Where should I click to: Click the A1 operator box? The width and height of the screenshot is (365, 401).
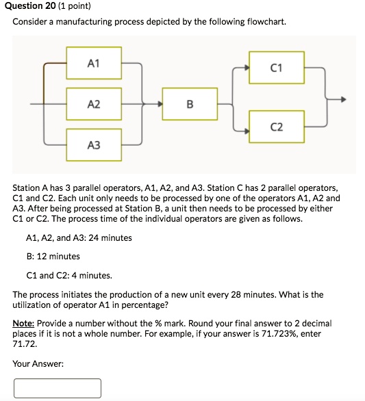point(94,64)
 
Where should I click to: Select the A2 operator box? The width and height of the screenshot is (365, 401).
point(94,104)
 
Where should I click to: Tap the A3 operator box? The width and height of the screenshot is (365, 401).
point(94,144)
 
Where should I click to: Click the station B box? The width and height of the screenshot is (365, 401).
point(190,104)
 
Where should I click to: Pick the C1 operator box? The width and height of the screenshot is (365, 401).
point(277,68)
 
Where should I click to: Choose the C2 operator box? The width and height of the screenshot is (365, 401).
point(277,127)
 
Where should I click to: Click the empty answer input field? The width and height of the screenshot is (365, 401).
point(58,388)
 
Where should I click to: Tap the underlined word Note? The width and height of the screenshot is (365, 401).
point(23,323)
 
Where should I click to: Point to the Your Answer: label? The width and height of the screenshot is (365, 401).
point(38,364)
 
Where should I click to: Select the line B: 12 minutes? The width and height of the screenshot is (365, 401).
point(53,257)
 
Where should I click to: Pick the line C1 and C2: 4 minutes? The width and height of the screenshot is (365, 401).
point(68,276)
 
